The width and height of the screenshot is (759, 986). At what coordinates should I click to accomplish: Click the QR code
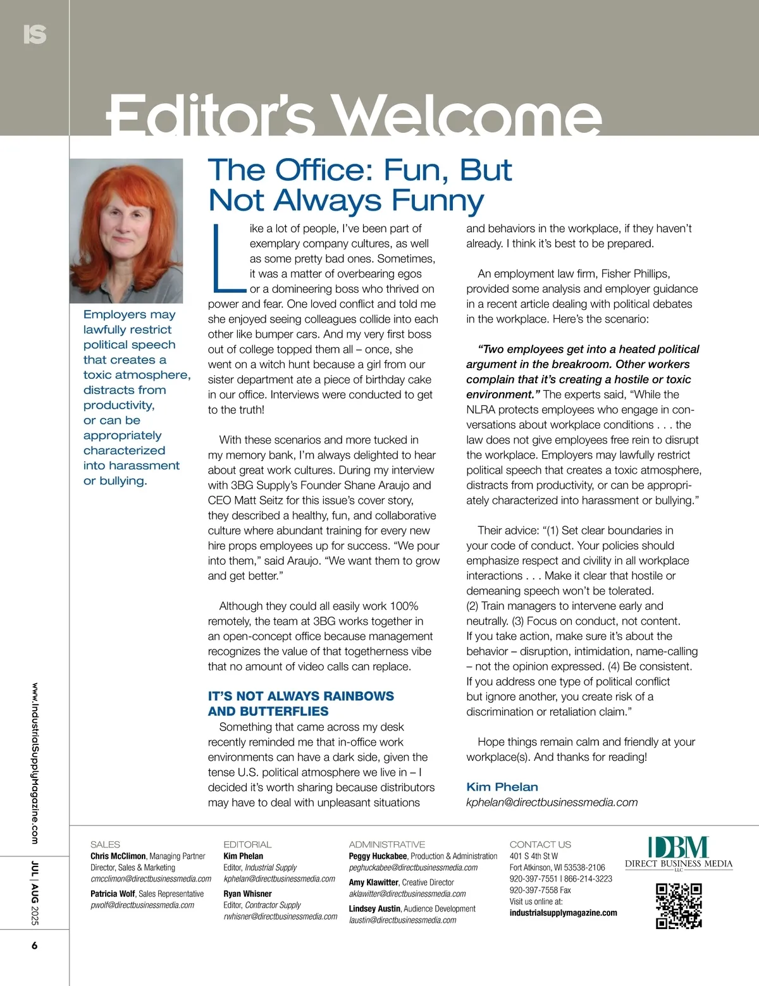[x=679, y=906]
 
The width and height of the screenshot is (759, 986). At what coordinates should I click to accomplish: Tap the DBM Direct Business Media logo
[x=679, y=853]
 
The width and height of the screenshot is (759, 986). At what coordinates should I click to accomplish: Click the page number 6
[x=34, y=946]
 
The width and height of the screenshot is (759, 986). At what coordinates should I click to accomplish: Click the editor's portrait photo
[x=126, y=230]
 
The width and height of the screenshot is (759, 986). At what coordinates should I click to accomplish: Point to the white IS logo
[x=35, y=34]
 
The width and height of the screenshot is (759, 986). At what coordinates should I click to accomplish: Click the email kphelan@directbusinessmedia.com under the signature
[x=552, y=802]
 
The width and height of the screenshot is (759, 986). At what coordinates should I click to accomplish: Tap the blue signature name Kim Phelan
[x=502, y=787]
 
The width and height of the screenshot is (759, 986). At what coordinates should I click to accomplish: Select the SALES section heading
[x=105, y=844]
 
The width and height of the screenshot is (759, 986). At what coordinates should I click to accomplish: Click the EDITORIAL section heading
[x=247, y=844]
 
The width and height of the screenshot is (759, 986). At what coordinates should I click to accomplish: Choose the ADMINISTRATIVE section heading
[x=386, y=844]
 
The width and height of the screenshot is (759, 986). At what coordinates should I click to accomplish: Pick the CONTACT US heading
[x=540, y=844]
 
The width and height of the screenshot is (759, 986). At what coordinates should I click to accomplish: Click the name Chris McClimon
[x=118, y=856]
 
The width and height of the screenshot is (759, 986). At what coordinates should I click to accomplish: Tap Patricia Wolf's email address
[x=142, y=905]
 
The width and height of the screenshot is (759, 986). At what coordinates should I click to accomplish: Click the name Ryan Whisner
[x=247, y=894]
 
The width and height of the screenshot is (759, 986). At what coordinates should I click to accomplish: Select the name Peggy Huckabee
[x=378, y=856]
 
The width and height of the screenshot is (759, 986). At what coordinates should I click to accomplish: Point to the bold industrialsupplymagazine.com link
[x=563, y=913]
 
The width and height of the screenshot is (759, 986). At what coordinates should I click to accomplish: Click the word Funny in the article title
[x=437, y=200]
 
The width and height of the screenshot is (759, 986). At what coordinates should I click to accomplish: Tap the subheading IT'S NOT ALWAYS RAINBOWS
[x=300, y=696]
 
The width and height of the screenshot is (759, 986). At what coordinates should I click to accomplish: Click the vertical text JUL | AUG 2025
[x=35, y=893]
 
